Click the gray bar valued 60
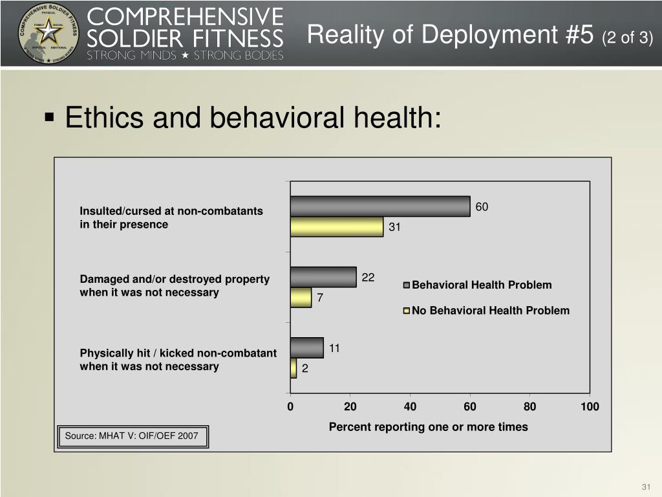click(380, 206)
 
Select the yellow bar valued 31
click(337, 226)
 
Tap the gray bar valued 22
click(323, 277)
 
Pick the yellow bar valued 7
click(301, 298)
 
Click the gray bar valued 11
click(307, 348)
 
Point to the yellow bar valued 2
click(294, 368)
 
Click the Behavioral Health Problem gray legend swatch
click(407, 285)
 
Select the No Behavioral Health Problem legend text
click(491, 311)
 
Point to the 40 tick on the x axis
click(410, 406)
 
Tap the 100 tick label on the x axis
click(590, 406)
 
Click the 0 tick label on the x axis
click(290, 406)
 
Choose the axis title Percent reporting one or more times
click(428, 427)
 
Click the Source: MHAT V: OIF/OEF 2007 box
click(132, 436)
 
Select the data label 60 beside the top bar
click(482, 207)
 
